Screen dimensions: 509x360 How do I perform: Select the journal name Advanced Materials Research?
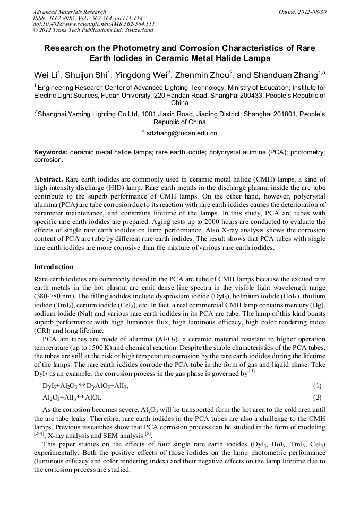(x=70, y=12)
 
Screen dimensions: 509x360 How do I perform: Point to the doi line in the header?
(x=93, y=24)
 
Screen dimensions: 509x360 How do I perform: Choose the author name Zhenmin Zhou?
(x=202, y=74)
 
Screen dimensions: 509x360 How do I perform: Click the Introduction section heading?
(x=54, y=266)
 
